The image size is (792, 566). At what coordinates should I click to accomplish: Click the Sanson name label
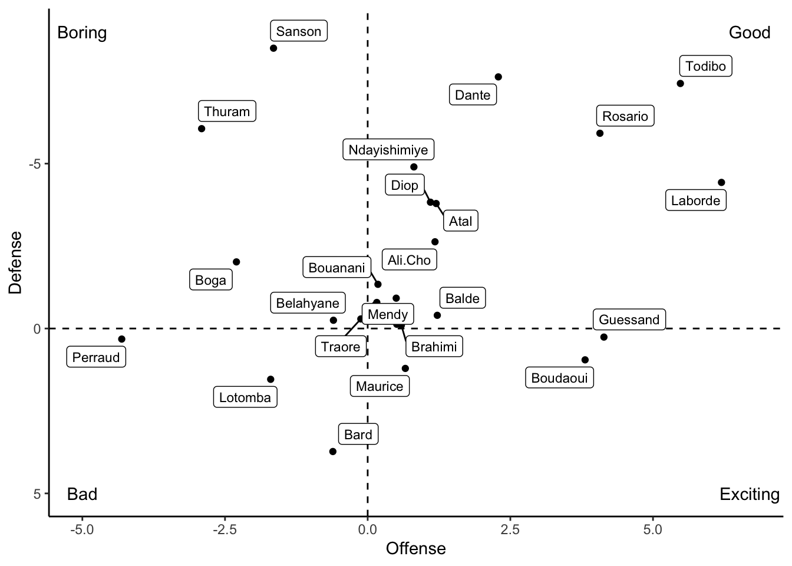(x=299, y=31)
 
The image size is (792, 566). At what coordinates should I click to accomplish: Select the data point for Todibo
(x=680, y=83)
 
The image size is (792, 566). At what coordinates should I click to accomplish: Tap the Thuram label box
(x=227, y=111)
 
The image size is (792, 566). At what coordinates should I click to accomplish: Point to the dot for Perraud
(x=122, y=339)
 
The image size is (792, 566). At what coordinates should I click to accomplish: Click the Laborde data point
(x=721, y=182)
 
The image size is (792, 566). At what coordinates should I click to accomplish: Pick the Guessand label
(x=629, y=320)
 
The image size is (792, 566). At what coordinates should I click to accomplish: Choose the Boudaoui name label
(x=559, y=378)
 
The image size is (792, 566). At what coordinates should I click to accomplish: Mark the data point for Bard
(x=333, y=452)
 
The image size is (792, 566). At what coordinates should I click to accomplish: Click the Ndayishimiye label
(x=388, y=150)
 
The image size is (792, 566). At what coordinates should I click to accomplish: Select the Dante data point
(x=498, y=77)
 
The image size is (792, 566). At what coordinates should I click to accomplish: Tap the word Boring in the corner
(x=82, y=32)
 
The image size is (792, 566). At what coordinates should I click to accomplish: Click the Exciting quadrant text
(x=749, y=494)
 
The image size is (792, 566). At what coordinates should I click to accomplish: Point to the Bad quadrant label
(x=82, y=494)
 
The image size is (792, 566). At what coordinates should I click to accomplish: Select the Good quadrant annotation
(x=749, y=32)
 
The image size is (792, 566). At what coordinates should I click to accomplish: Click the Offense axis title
(x=415, y=549)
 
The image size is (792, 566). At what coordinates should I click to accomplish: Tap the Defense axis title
(x=15, y=262)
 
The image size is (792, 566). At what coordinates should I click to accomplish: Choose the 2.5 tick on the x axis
(x=510, y=529)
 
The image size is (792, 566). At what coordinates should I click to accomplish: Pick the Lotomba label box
(x=245, y=397)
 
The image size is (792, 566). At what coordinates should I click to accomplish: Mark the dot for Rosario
(x=600, y=133)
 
